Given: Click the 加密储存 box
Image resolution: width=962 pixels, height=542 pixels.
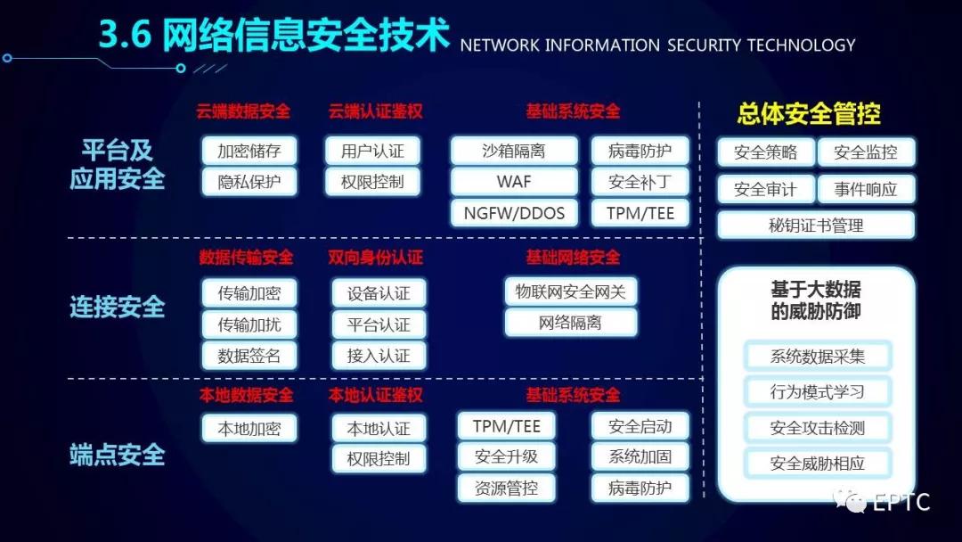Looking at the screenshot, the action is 249,151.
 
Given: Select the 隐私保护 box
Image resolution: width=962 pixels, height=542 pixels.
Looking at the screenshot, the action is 249,182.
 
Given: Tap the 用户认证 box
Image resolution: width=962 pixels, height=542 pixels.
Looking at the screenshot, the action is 372,151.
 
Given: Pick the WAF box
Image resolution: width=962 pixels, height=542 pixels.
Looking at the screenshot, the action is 514,182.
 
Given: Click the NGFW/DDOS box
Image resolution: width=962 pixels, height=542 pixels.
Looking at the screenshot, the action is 514,213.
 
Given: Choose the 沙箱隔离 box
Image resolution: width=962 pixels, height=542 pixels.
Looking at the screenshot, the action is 514,151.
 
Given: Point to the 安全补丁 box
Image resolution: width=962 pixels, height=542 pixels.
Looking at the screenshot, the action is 640,182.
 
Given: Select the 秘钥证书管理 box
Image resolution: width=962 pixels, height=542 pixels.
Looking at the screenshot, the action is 816,226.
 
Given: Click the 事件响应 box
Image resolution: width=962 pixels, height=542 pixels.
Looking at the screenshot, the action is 866,189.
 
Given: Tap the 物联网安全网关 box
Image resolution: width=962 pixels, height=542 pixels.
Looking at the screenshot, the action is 571,292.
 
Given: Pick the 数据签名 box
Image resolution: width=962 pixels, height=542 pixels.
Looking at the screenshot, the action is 249,356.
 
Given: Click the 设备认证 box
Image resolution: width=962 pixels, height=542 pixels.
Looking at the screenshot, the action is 379,293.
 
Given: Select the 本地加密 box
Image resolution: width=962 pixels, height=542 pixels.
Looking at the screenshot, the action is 249,428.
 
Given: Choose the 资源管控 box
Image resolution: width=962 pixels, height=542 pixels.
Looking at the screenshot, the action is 506,488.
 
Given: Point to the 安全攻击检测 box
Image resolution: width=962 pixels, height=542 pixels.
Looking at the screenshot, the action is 817,428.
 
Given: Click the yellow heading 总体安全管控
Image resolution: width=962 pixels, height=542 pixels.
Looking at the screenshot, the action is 809,114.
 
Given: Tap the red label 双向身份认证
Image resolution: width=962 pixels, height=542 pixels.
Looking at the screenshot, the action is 376,258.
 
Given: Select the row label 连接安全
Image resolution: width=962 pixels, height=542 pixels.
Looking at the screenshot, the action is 118,307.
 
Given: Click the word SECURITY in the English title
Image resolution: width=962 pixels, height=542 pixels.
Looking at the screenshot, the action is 705,45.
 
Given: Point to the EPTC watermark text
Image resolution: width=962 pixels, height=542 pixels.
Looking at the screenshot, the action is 901,502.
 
